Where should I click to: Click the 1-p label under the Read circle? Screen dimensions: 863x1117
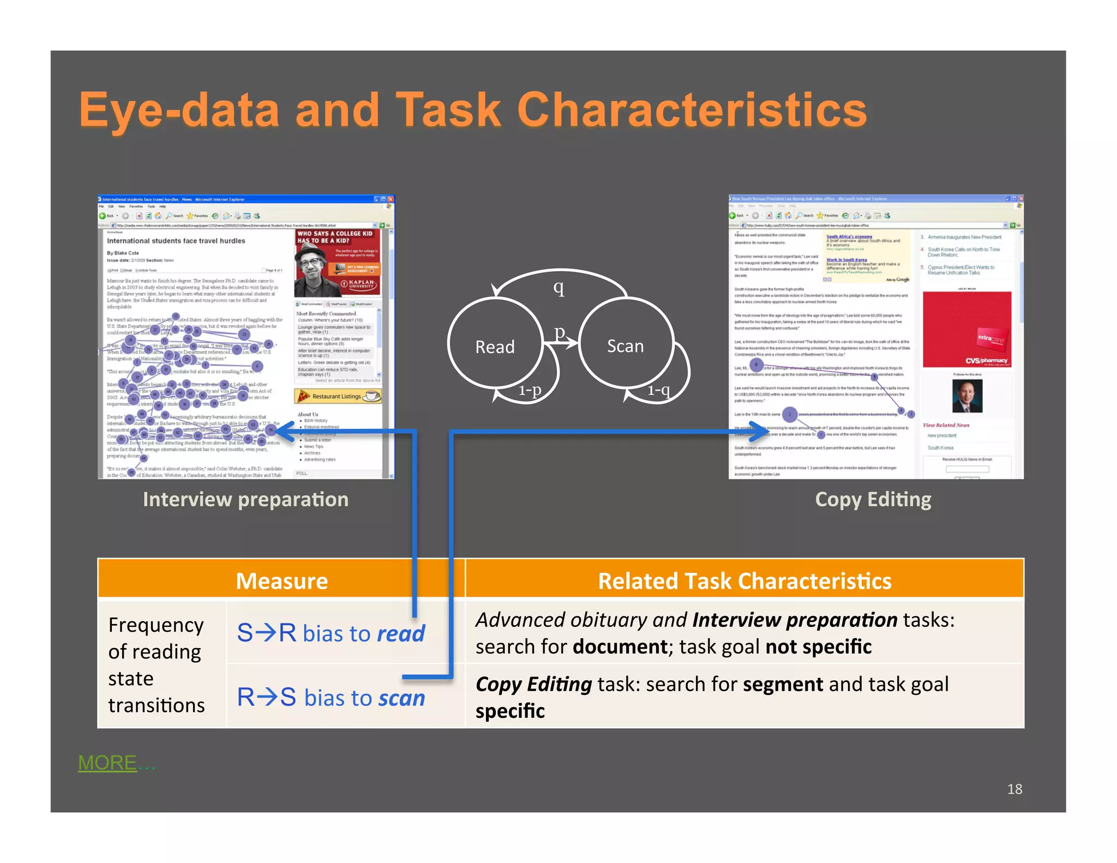[x=530, y=389]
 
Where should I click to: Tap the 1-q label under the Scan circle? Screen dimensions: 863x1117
[x=658, y=389]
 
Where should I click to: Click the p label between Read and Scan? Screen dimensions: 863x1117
[x=560, y=331]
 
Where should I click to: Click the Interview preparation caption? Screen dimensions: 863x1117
[x=245, y=499]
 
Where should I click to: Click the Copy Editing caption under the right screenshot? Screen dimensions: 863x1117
[x=873, y=499]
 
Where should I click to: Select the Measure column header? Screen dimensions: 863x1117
[x=281, y=580]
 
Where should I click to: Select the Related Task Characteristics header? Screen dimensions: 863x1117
[x=744, y=580]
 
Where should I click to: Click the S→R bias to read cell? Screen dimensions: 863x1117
[x=331, y=633]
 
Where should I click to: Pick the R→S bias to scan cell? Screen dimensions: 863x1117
[x=331, y=697]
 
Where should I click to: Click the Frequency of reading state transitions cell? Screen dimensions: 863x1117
[x=157, y=664]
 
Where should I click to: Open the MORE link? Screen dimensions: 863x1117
[x=107, y=762]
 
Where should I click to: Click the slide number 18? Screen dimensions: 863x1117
[x=1014, y=789]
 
